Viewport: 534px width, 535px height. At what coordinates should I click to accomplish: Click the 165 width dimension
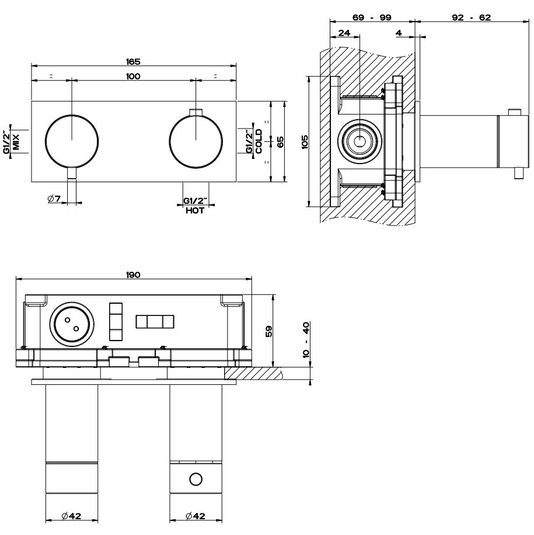133,61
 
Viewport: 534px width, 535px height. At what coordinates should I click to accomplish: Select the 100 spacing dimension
133,76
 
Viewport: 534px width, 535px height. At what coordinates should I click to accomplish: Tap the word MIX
16,141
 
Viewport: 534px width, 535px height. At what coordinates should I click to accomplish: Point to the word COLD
259,141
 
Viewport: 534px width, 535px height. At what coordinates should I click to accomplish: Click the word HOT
195,211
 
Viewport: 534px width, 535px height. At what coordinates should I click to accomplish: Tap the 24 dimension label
344,33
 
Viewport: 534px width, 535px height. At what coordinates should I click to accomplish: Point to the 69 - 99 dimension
372,18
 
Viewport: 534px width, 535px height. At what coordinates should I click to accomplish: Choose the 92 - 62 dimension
472,18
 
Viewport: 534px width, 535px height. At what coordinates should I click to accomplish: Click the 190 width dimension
133,275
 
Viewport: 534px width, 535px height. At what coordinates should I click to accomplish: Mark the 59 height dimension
269,331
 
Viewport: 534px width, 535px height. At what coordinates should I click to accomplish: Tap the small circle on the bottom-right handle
196,479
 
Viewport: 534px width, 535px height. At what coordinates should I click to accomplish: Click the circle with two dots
72,323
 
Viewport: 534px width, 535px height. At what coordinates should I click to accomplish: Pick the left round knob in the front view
71,141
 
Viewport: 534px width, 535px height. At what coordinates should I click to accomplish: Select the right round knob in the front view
195,141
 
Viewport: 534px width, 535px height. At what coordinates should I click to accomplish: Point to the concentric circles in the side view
361,141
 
